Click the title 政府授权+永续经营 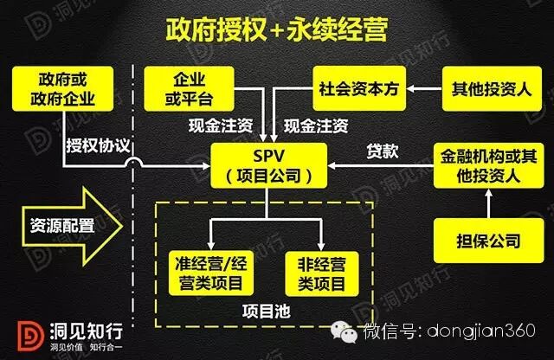pyautogui.click(x=276, y=28)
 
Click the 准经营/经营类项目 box pyautogui.click(x=209, y=271)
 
